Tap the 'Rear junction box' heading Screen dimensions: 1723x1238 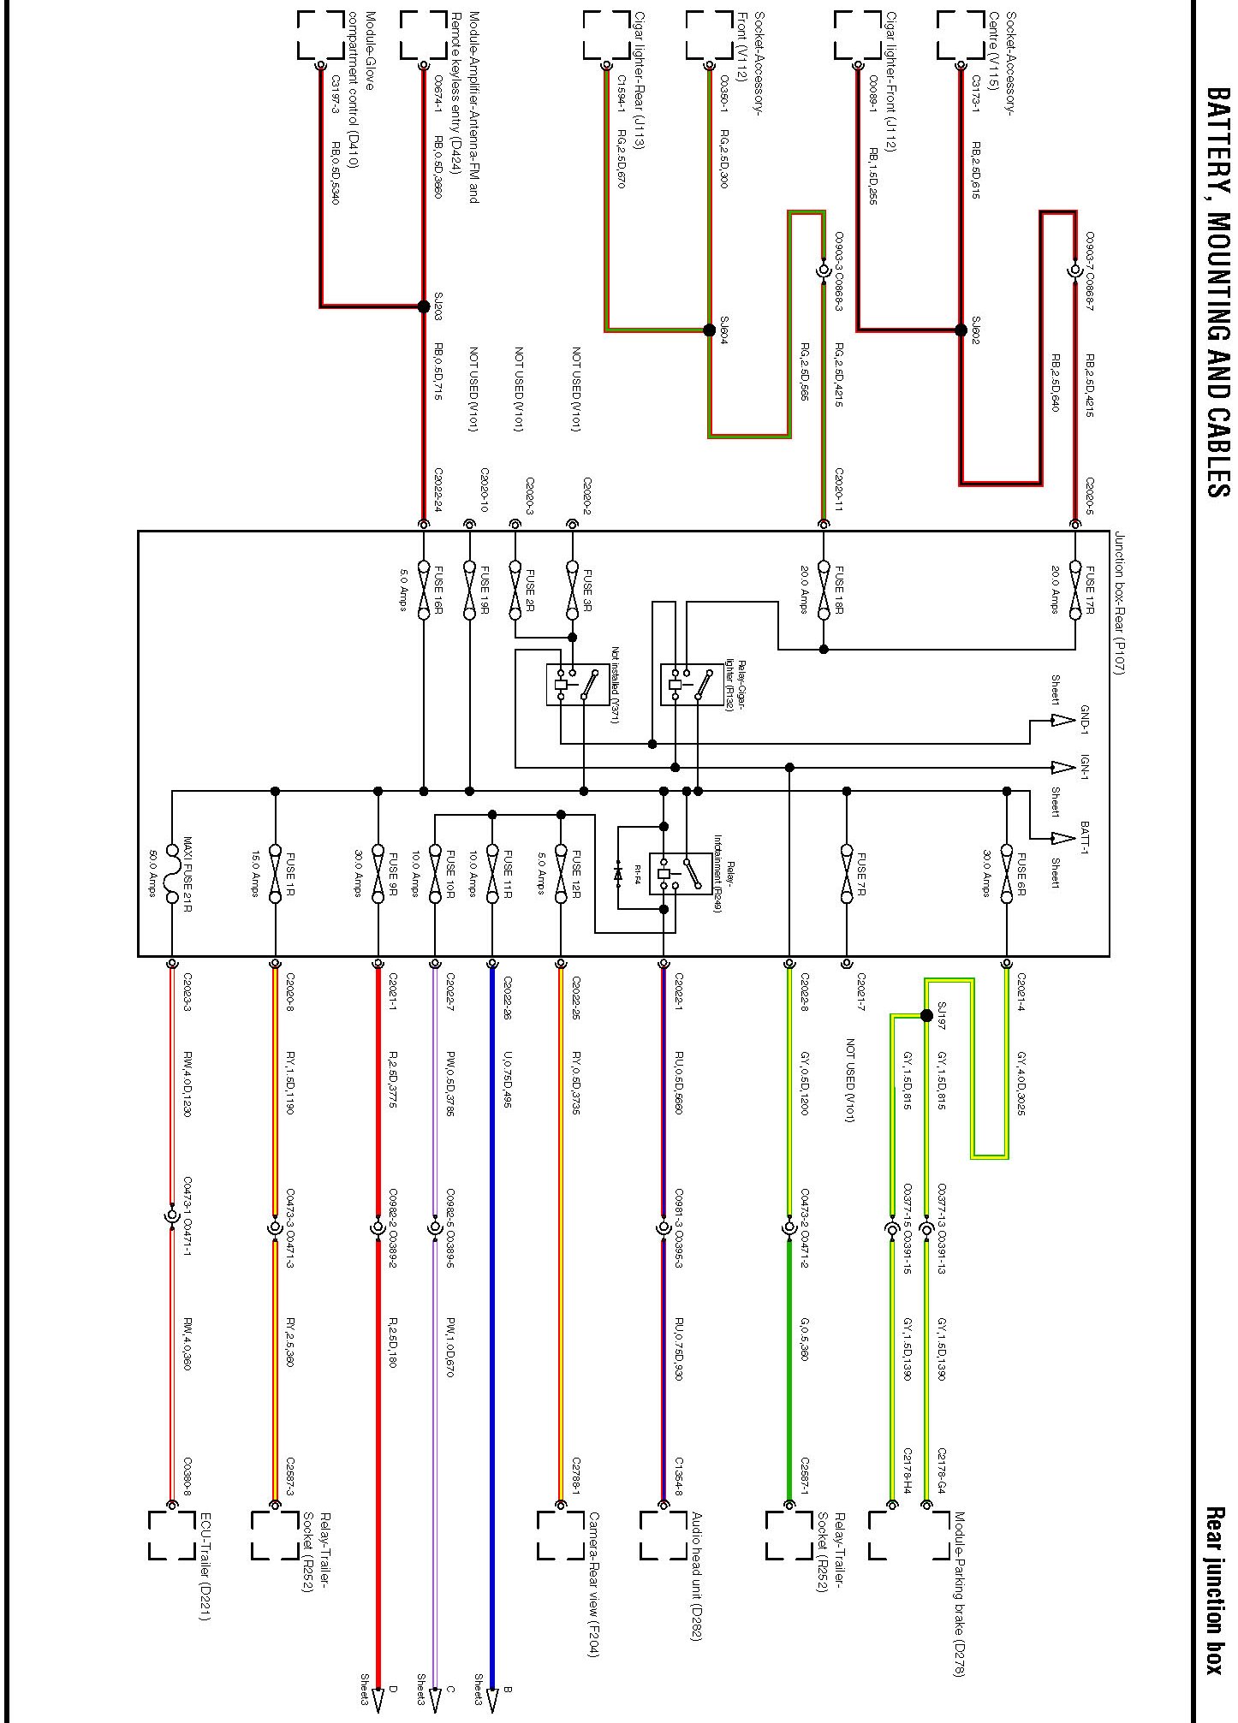click(x=1216, y=1589)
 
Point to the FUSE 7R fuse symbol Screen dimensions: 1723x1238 click(x=847, y=874)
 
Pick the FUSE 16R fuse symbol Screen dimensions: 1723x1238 click(x=423, y=588)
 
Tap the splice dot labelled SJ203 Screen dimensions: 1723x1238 click(x=423, y=306)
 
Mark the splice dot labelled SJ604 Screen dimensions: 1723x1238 click(x=709, y=330)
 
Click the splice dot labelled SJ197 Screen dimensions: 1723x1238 click(x=926, y=1016)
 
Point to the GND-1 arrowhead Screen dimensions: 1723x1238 click(x=1062, y=720)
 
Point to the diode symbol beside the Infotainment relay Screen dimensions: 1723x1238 click(x=618, y=874)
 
